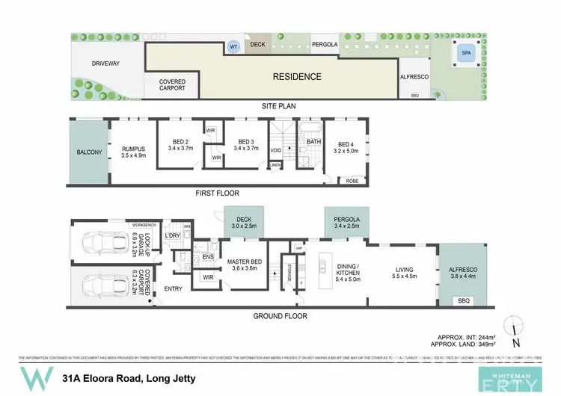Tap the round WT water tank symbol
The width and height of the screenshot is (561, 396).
(x=233, y=47)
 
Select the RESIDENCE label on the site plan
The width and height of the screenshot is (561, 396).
(x=296, y=76)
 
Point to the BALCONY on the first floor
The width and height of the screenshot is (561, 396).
(x=89, y=152)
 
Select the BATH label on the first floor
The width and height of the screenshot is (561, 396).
(x=313, y=141)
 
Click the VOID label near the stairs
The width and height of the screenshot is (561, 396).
(x=276, y=150)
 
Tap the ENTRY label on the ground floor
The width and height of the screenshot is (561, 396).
(x=173, y=288)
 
